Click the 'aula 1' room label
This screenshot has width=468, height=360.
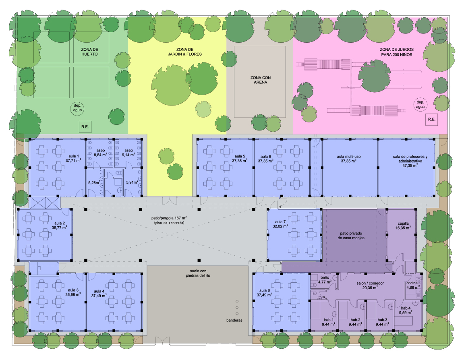coord(72,156)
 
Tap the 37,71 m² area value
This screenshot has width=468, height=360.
coord(72,160)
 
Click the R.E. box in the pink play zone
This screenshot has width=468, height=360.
coord(431,119)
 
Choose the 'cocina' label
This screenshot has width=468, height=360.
coord(412,283)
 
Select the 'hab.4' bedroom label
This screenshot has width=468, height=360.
coord(405,308)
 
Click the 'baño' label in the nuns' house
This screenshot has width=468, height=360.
coord(325,277)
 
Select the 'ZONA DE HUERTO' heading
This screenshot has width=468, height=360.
coord(90,52)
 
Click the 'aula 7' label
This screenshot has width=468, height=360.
coord(280,222)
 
